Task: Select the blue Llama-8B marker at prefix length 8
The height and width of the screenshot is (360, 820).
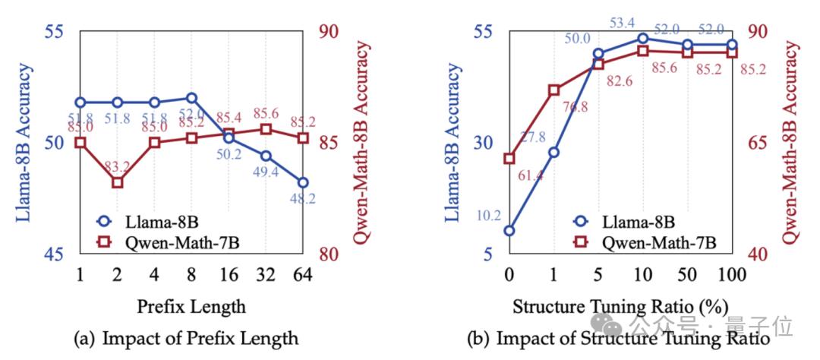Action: tap(191, 98)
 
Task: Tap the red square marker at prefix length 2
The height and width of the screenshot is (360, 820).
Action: tap(117, 182)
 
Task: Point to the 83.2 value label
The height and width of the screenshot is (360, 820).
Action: tap(117, 166)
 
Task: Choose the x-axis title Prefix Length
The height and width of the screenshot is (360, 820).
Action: tap(191, 306)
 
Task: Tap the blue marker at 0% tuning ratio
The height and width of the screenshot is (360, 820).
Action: tap(509, 230)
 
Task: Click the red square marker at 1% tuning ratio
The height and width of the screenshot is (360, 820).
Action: tap(554, 90)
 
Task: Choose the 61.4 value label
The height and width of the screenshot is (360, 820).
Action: tap(531, 175)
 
